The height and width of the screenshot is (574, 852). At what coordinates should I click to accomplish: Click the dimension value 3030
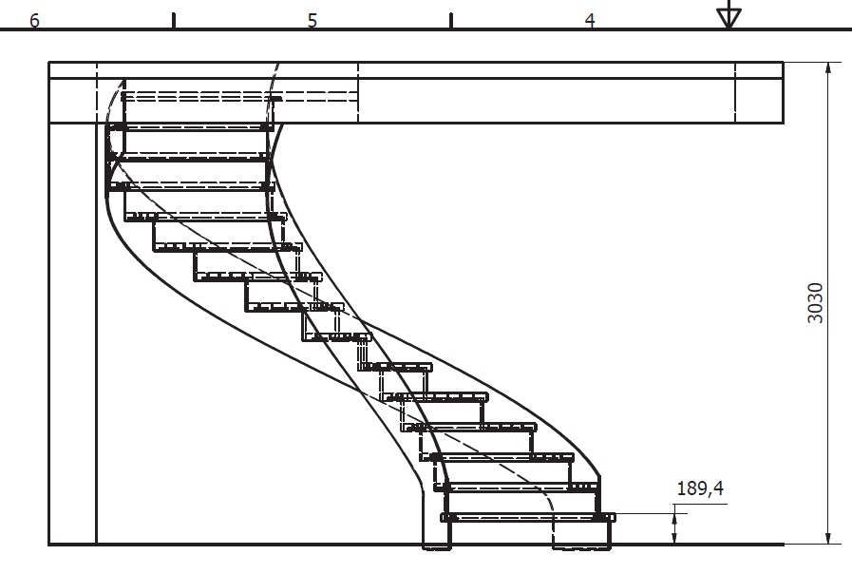[815, 303]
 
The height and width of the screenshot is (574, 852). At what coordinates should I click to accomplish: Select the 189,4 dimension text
[700, 488]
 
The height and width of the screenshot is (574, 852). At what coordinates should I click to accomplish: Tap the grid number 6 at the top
[34, 21]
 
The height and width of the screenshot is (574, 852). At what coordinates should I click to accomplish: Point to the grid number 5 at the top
[312, 21]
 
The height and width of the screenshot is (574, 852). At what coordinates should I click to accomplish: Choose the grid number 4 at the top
[590, 21]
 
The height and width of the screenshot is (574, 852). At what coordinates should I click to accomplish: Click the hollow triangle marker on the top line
[729, 16]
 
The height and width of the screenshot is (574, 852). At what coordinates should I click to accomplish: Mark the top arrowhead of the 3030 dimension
[828, 69]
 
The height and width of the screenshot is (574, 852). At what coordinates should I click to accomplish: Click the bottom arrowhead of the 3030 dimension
[828, 537]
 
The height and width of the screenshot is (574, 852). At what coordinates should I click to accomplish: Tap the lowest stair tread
[528, 518]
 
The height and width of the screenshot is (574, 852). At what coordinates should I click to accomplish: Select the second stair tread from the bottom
[521, 487]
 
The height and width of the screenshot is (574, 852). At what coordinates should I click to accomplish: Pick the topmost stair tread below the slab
[190, 127]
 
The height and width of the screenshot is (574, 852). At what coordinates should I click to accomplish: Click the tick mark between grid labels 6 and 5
[173, 21]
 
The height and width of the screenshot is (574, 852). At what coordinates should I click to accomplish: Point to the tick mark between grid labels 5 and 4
[451, 21]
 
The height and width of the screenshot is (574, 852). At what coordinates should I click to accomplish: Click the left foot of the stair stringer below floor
[437, 546]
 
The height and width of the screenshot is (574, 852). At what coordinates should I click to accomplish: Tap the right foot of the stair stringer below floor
[582, 546]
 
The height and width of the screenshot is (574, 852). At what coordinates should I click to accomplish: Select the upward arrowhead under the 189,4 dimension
[674, 520]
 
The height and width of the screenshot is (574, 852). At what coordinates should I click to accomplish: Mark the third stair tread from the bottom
[502, 457]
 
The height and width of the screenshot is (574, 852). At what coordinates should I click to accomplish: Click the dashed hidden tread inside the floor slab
[239, 97]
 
